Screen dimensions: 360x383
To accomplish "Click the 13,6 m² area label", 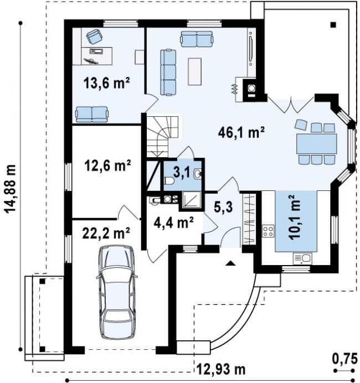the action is click(x=106, y=83).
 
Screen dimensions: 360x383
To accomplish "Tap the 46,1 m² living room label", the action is click(x=241, y=133).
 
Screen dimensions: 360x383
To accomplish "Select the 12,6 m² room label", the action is click(x=107, y=165).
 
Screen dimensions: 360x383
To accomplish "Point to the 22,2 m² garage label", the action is click(x=106, y=233).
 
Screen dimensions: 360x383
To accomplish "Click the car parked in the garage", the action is click(x=117, y=292).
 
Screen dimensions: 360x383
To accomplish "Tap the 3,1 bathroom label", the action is click(x=181, y=173).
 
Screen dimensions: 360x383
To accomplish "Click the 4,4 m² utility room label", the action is click(x=174, y=222).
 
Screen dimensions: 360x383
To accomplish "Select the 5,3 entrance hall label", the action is click(x=223, y=207).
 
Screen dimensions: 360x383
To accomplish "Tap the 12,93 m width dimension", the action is click(x=221, y=369).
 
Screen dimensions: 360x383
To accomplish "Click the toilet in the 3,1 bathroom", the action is click(x=169, y=181).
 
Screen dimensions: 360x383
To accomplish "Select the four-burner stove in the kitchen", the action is click(x=268, y=231).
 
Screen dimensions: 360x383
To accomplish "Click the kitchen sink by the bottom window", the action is click(x=302, y=258).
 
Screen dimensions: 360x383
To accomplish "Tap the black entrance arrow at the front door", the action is click(x=229, y=263).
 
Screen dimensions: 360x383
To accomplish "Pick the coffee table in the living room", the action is click(x=194, y=71).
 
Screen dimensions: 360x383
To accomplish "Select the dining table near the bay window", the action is click(x=316, y=143).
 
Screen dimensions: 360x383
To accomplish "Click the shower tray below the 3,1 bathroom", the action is click(x=192, y=200).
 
